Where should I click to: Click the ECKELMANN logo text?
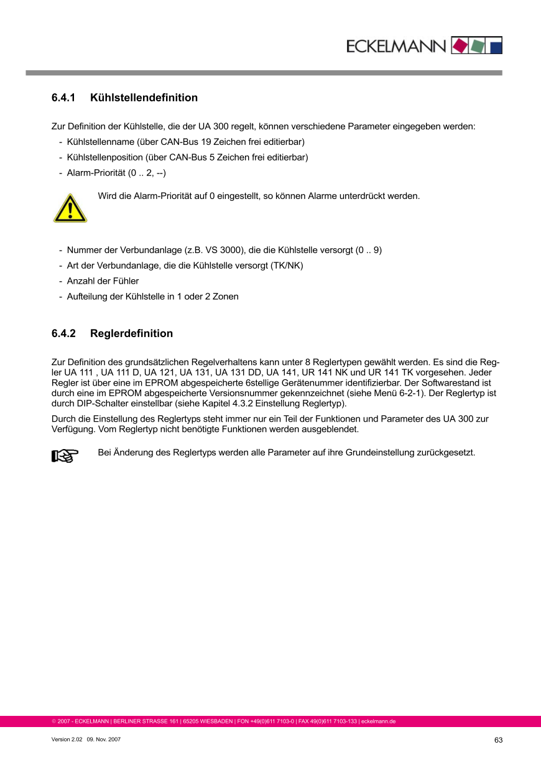click(395, 46)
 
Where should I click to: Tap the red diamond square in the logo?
click(460, 45)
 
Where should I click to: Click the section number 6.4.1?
click(63, 98)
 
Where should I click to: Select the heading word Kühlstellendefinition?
click(144, 98)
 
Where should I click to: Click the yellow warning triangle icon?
click(70, 208)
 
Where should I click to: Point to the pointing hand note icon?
click(65, 457)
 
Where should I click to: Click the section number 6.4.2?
click(63, 333)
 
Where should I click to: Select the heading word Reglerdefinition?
click(131, 333)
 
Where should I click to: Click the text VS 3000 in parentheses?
click(226, 250)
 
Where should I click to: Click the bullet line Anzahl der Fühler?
click(103, 281)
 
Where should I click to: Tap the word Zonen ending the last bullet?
click(226, 297)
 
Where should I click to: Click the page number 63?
click(498, 740)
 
